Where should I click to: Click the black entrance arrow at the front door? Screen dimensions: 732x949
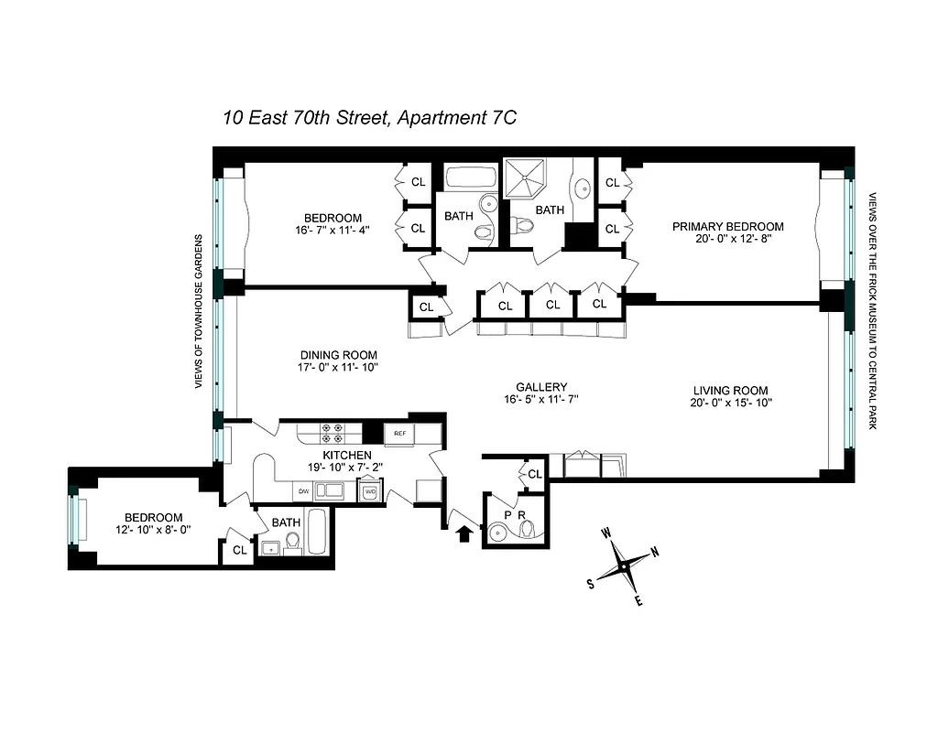tap(465, 532)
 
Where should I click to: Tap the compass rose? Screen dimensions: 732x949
tap(623, 566)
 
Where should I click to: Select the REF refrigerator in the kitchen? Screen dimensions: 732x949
tap(400, 434)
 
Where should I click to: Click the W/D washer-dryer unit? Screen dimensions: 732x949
tap(370, 491)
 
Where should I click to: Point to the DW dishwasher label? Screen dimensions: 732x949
tap(303, 492)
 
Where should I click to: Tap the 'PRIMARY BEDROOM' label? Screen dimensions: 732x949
tap(728, 226)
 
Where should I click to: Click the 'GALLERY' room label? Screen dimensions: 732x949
tap(541, 387)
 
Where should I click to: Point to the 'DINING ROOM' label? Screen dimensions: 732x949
tap(338, 355)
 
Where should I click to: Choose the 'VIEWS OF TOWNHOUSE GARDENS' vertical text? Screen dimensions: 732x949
tap(198, 311)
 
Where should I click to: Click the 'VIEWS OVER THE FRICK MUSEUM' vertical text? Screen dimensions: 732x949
tap(873, 311)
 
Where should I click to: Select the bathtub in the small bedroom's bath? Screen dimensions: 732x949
tap(317, 533)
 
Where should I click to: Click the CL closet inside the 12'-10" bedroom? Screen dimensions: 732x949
tap(239, 550)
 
